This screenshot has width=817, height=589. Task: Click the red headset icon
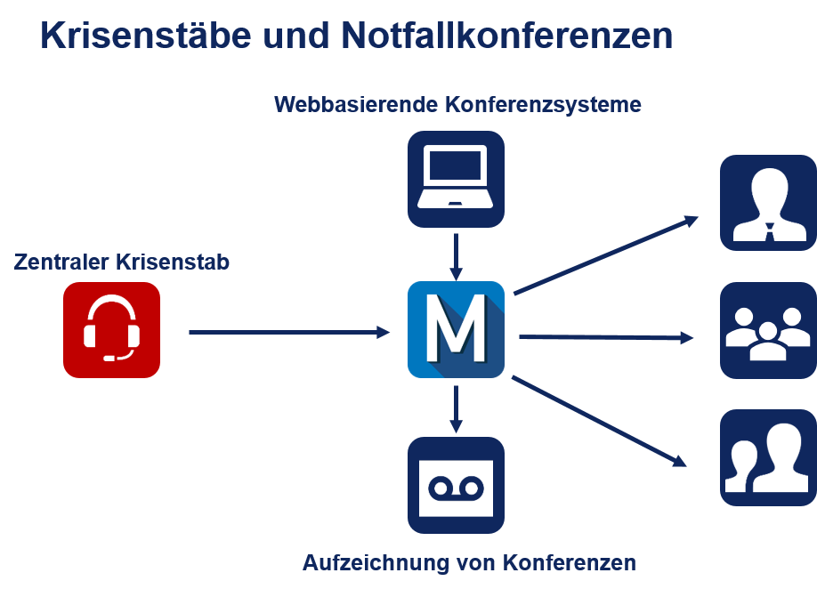pos(111,330)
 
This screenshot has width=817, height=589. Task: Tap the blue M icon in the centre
pos(456,330)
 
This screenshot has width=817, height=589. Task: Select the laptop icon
pos(456,179)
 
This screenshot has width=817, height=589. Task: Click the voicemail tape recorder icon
pos(456,486)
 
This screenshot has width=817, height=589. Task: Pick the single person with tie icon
pos(769,203)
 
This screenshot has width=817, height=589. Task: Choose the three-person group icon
pos(769,330)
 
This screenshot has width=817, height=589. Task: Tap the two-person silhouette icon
pos(769,457)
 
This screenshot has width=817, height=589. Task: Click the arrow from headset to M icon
pos(289,332)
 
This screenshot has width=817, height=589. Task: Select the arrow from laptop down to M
pos(456,257)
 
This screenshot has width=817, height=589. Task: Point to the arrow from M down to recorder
pos(456,409)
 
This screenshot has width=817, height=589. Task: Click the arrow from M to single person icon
pos(606,255)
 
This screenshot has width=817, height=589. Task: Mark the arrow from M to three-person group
pos(606,337)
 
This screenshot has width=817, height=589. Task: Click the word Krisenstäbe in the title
pos(146,36)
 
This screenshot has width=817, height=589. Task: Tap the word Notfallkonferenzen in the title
pos(507,36)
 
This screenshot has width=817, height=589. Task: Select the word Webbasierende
pos(356,105)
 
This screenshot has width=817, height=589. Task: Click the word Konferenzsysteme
pos(543,105)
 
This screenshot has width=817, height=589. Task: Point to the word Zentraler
pos(61,262)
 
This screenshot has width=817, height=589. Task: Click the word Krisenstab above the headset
pos(173,262)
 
